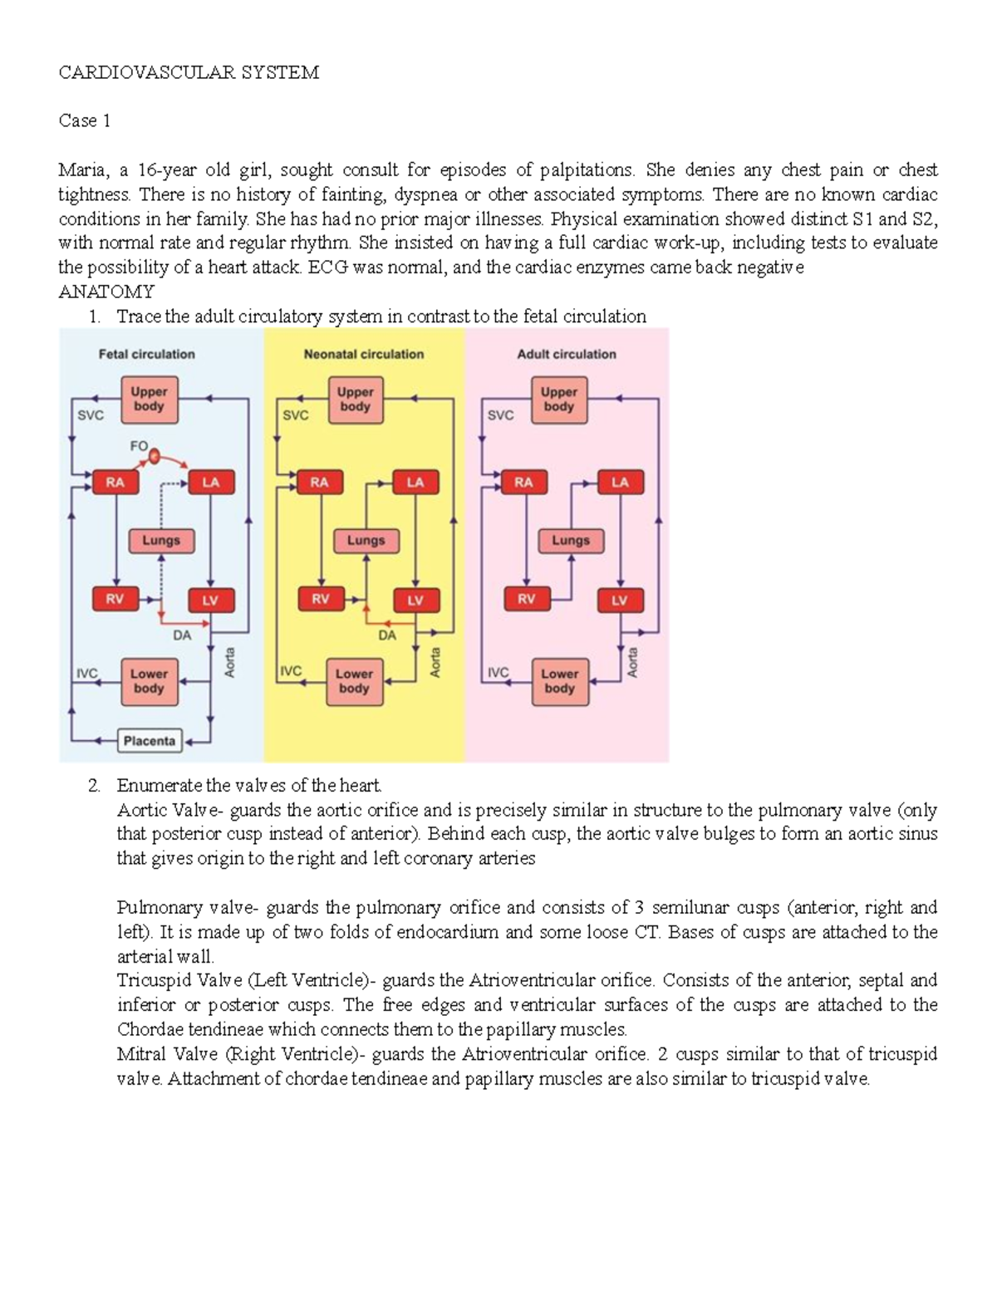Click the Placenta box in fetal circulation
point(150,740)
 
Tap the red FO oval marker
point(154,454)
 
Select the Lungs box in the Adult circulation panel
point(571,541)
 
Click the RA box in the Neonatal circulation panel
point(319,482)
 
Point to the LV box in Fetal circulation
point(210,600)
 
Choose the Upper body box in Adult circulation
point(559,400)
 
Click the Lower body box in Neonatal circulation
point(354,681)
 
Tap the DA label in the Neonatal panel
point(387,635)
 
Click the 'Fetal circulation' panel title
point(147,354)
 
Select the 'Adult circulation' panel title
point(567,354)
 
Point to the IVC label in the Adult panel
point(498,672)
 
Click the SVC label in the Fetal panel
point(91,415)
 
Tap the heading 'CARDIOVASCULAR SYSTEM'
point(189,72)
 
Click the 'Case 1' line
point(85,121)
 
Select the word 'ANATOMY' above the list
point(106,292)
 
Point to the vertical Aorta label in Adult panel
point(633,662)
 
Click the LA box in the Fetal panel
point(211,482)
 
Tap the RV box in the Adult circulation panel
point(527,599)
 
